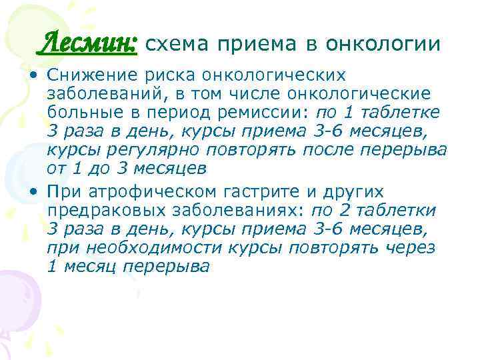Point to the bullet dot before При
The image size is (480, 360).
(x=33, y=192)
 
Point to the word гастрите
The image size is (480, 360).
(x=257, y=192)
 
